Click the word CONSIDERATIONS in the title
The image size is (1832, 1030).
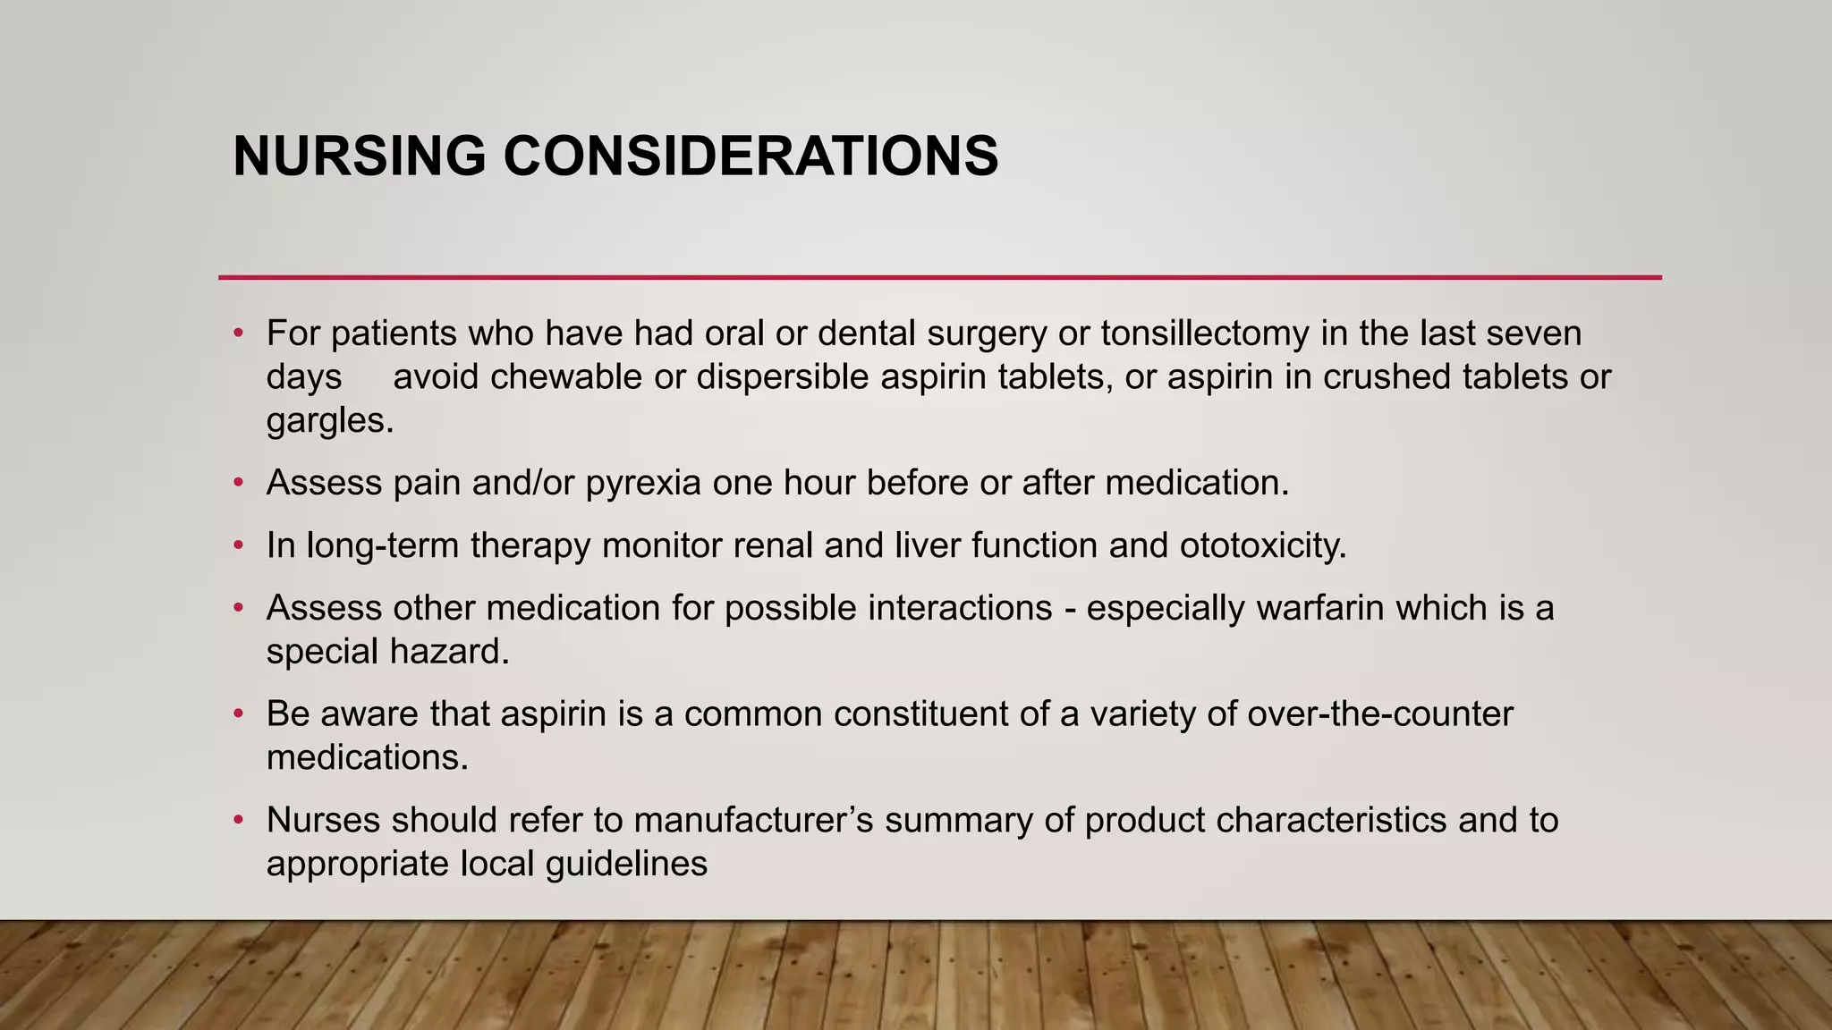click(x=751, y=156)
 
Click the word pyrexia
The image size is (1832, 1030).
click(x=643, y=484)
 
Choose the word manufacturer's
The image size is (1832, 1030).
click(x=754, y=820)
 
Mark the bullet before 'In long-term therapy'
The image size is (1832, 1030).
click(x=238, y=545)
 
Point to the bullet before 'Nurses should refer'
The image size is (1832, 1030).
click(x=238, y=820)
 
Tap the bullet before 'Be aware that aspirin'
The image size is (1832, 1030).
click(x=238, y=714)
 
